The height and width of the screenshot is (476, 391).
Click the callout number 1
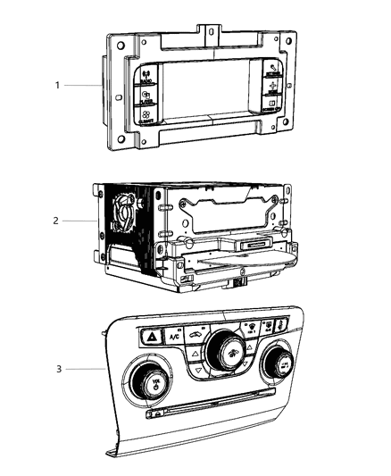(x=56, y=86)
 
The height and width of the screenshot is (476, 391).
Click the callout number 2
(x=56, y=218)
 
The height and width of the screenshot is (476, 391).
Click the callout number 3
(x=56, y=368)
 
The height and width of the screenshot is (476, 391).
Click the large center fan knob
(x=220, y=351)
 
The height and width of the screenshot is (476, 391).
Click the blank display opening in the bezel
(x=208, y=97)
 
